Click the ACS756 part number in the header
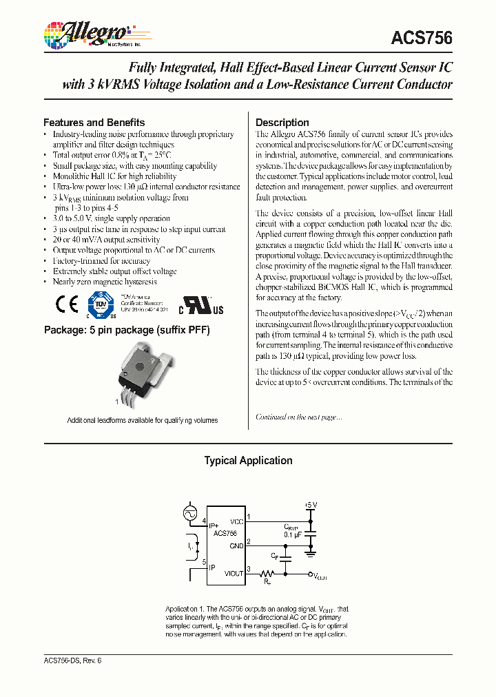[x=422, y=39]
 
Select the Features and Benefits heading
[x=94, y=122]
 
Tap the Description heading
[x=282, y=123]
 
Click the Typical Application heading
[x=248, y=461]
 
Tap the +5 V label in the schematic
[x=310, y=505]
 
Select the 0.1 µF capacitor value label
[x=293, y=534]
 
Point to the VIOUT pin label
[x=234, y=573]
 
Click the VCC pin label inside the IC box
[x=236, y=521]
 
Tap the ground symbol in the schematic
[x=311, y=552]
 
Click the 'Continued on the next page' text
[x=298, y=417]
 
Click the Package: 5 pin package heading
[x=127, y=330]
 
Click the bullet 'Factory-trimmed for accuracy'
[x=101, y=261]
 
